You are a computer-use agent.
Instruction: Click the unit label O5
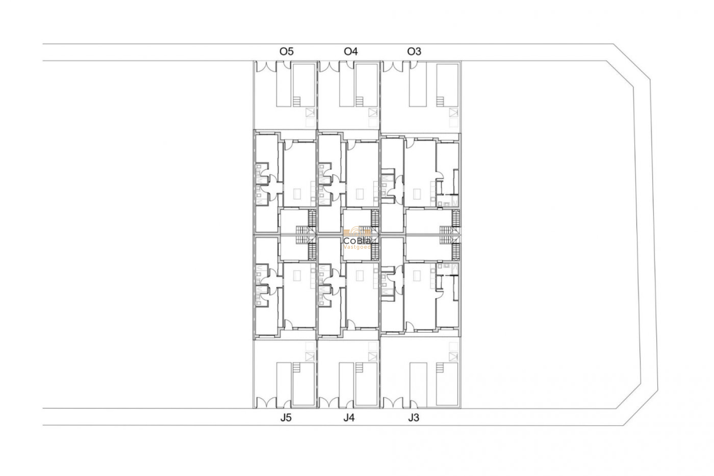(286, 51)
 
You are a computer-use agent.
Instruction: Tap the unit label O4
(351, 51)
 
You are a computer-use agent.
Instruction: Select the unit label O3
(414, 51)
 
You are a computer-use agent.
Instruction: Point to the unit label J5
(286, 418)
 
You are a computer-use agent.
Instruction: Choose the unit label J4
(349, 418)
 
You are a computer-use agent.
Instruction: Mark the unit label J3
(413, 418)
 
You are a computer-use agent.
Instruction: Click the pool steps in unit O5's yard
(297, 102)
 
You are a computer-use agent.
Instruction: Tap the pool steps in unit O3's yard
(440, 102)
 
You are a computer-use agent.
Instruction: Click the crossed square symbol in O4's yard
(373, 112)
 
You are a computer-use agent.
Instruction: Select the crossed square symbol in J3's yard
(453, 357)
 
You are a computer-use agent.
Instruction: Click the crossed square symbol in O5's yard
(310, 112)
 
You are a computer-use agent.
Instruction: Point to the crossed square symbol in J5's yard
(310, 357)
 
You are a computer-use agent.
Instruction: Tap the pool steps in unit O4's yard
(359, 102)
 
